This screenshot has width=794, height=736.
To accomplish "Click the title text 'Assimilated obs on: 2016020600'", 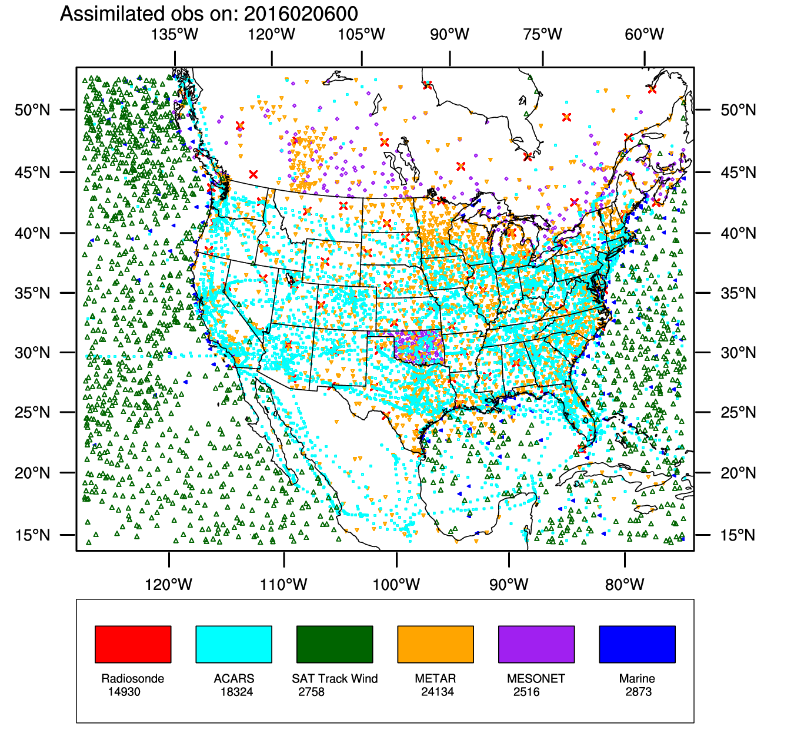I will coord(209,14).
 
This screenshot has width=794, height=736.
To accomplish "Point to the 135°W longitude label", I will coord(175,34).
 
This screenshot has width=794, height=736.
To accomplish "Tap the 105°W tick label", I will coord(361,34).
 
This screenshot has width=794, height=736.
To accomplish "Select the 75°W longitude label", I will coord(542,34).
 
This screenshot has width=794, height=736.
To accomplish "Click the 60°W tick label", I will coord(644,34).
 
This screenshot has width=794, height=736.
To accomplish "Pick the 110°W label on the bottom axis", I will coord(283,585).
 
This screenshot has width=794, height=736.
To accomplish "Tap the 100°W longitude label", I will coord(396,585).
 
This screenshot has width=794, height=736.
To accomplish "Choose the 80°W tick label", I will coord(625,585).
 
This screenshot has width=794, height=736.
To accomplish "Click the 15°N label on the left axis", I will coord(32,535).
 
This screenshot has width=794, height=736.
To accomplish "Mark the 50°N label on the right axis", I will coord(738,110).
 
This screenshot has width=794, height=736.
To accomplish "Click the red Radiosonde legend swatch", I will coord(133,644).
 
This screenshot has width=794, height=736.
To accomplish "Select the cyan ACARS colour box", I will coord(233,644).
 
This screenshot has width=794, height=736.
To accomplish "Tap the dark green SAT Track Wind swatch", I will coord(335,644).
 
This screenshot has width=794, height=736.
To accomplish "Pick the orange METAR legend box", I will coord(435,644).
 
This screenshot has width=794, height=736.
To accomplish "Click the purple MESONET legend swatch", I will coord(536,644).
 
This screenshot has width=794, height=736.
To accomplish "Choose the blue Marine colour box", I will coord(637,644).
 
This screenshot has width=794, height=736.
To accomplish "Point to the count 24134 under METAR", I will coord(438,692).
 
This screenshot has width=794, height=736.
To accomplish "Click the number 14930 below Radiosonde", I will coord(124,692).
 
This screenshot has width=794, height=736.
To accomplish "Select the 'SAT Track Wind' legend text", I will coord(335,679).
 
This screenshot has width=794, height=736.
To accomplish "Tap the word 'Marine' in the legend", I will coord(637,679).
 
